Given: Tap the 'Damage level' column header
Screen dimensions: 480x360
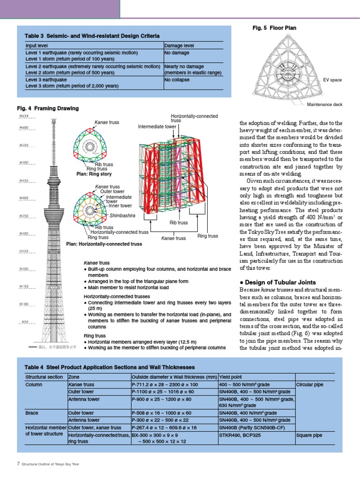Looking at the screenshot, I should [180, 46].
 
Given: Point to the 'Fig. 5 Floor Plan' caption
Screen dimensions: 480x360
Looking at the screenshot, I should [274, 28].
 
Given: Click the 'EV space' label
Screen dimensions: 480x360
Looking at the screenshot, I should [332, 80].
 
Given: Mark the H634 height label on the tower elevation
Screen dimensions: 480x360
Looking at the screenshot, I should [24, 116].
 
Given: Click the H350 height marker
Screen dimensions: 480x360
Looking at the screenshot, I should [24, 216].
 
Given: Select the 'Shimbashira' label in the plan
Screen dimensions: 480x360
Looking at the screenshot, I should [122, 215].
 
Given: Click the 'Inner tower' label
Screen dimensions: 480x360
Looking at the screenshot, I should [120, 205].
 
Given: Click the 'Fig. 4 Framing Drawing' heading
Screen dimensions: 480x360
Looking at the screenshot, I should [48, 109].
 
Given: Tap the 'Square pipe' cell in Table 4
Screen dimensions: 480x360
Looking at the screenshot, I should [309, 435].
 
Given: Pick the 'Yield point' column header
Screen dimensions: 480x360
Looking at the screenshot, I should [231, 376].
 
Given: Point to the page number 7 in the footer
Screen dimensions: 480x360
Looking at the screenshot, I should [18, 464].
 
